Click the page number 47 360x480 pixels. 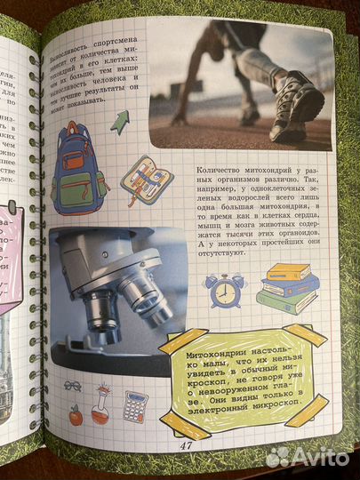186,444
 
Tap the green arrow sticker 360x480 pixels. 119,121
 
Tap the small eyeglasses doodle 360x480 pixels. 72,386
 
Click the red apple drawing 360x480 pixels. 76,414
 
